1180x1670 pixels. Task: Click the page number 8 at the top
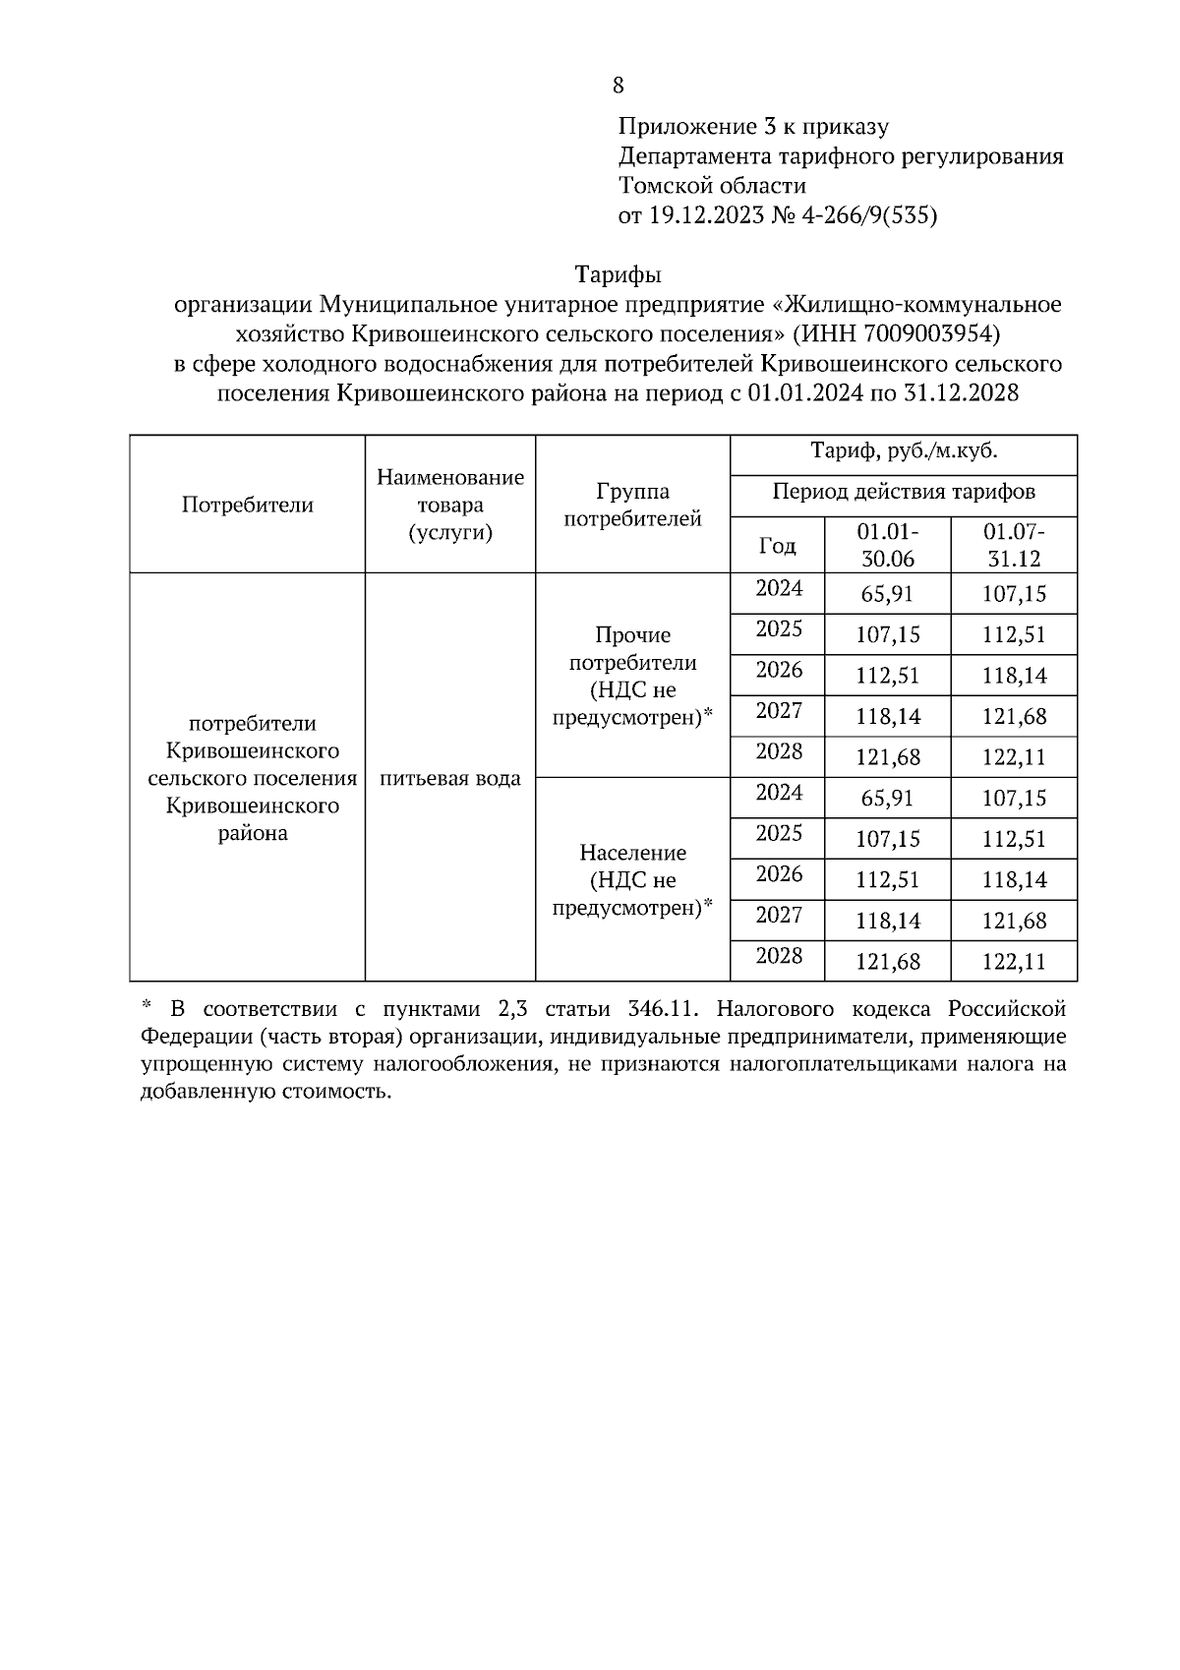pyautogui.click(x=618, y=87)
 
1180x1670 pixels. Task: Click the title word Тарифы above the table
pyautogui.click(x=618, y=274)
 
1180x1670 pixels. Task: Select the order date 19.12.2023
pyautogui.click(x=705, y=215)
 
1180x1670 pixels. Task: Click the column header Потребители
pyautogui.click(x=248, y=506)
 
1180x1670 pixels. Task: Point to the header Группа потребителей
pyautogui.click(x=632, y=506)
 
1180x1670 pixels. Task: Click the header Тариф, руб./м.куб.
pyautogui.click(x=904, y=452)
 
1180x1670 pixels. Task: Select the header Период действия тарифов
pyautogui.click(x=904, y=492)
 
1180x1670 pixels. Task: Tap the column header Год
pyautogui.click(x=778, y=546)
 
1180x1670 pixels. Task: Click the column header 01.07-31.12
pyautogui.click(x=1014, y=546)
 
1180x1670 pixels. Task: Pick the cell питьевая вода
pyautogui.click(x=450, y=779)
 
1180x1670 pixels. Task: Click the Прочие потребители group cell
pyautogui.click(x=632, y=677)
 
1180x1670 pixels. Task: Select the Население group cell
pyautogui.click(x=632, y=879)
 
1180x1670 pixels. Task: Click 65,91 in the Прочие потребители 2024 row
pyautogui.click(x=887, y=594)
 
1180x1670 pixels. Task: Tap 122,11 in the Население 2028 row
pyautogui.click(x=1014, y=962)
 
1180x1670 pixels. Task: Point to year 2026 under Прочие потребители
pyautogui.click(x=778, y=671)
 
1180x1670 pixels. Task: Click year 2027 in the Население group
pyautogui.click(x=778, y=916)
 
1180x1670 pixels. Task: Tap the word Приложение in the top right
pyautogui.click(x=676, y=127)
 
